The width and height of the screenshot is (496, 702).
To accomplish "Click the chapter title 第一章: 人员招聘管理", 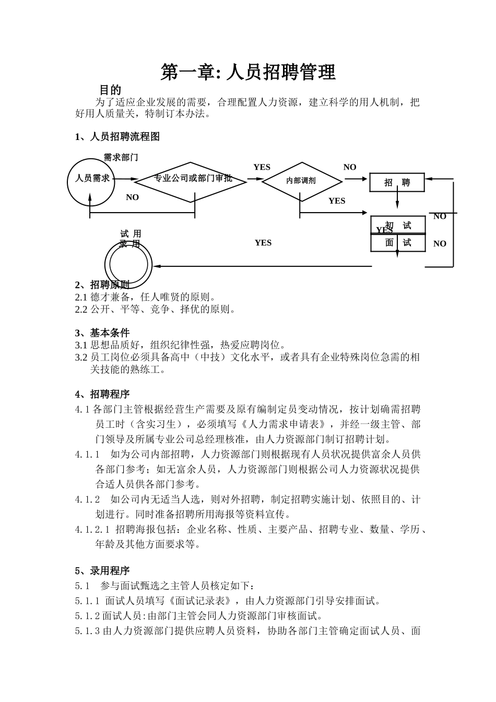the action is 248,73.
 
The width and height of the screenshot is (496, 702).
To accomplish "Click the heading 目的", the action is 110,90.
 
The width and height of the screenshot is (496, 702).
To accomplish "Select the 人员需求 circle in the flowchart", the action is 91,179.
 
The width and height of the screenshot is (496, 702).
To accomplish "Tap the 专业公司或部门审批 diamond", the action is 191,179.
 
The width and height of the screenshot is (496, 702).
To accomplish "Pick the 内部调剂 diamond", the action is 301,181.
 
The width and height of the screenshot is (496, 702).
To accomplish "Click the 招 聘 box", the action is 397,183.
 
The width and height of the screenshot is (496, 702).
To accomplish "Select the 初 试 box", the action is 398,225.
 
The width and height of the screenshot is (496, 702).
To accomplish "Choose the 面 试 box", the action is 398,243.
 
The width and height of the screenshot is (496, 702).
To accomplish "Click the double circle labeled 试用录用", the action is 128,263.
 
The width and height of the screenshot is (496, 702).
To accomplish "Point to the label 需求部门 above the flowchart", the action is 121,157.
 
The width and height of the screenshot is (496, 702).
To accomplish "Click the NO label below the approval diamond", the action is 133,197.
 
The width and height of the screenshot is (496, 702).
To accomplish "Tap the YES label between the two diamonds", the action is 262,167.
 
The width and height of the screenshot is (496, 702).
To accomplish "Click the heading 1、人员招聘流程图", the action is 117,137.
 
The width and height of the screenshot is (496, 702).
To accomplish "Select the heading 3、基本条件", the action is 102,333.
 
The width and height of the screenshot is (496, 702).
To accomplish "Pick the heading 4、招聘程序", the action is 102,394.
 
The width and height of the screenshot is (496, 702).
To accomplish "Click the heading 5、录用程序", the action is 102,570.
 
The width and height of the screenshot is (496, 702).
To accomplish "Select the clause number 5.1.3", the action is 88,631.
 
